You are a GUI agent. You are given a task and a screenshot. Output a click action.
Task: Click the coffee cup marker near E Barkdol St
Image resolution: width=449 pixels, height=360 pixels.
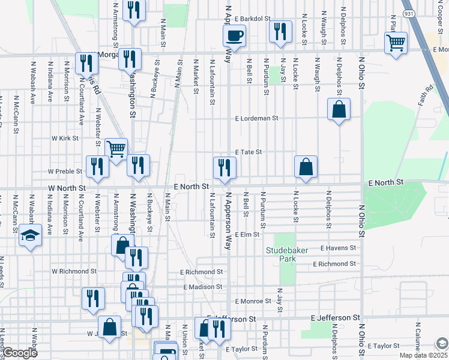234,34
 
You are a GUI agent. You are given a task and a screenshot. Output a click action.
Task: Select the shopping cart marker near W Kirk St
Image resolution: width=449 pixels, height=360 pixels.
116,148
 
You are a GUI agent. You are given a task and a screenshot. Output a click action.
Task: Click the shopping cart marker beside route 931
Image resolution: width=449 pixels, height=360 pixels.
396,43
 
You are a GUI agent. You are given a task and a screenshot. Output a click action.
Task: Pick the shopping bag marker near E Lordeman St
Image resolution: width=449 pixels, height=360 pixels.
339,109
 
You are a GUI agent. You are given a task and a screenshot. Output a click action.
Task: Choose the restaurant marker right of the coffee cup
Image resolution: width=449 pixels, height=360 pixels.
280,31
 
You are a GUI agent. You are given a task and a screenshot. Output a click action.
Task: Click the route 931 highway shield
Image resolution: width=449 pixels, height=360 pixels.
409,13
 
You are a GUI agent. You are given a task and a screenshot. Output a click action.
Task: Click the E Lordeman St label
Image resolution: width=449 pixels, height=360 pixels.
257,119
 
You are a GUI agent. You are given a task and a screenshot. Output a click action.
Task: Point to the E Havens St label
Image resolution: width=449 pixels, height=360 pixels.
339,248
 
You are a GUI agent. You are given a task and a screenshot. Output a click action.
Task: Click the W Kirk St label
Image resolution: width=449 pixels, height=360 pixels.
65,138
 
